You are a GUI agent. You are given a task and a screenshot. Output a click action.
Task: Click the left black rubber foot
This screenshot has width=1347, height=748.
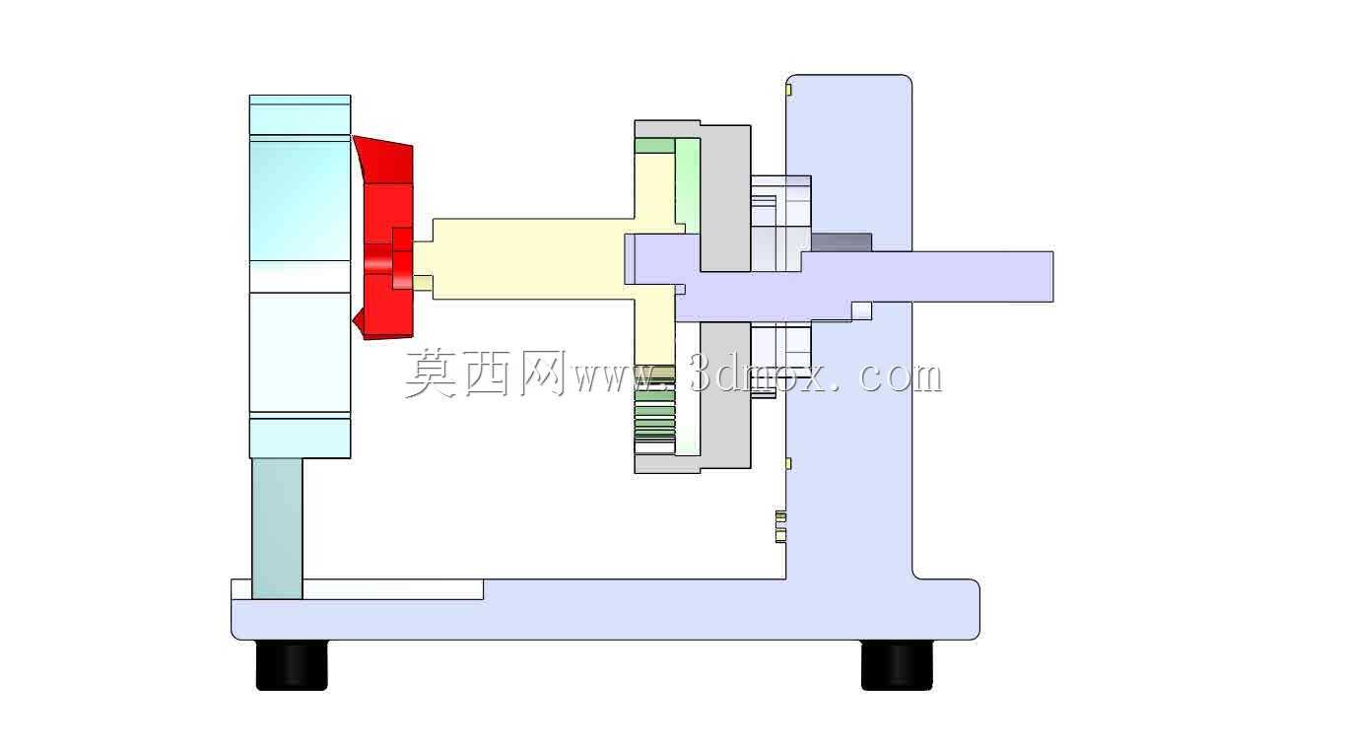pos(293,665)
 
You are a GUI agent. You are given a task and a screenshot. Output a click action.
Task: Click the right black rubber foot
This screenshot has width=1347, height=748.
pos(897,665)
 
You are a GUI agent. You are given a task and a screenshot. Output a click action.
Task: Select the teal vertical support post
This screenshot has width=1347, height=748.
pos(277,528)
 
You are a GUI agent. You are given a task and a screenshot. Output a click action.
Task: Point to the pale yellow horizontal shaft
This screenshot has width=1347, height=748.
pos(529,258)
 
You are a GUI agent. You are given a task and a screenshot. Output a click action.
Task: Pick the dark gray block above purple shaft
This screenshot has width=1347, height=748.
pos(842,242)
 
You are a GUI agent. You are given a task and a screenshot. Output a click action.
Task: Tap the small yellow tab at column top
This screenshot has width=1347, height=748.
pos(788,90)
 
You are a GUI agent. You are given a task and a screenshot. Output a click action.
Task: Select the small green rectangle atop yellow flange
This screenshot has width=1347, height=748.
pos(655,146)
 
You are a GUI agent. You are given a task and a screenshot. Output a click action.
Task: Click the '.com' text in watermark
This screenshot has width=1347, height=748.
pos(891,376)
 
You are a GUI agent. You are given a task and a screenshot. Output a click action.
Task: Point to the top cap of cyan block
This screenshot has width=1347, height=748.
pos(301,115)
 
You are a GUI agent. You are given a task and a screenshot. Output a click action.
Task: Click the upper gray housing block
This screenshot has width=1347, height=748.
pos(725,198)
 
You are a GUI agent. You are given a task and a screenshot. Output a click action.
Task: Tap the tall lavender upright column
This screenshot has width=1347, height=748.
pos(849,324)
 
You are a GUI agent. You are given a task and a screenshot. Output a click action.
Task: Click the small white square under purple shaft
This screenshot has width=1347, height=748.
pos(862,310)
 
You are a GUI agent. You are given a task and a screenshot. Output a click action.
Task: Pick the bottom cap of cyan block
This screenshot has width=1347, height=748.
pos(301,438)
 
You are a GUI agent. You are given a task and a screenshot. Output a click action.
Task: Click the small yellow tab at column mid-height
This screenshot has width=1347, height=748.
pos(788,463)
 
